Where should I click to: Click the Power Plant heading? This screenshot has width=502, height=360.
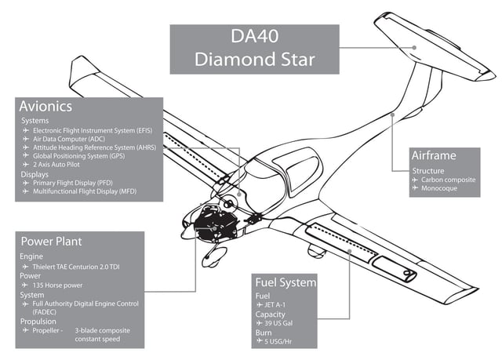point(52,242)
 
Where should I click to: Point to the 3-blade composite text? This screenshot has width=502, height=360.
point(102,330)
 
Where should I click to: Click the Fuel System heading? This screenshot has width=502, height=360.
point(286,282)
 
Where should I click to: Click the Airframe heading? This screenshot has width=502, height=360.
point(445,155)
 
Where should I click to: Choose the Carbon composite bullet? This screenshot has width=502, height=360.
point(449,180)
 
